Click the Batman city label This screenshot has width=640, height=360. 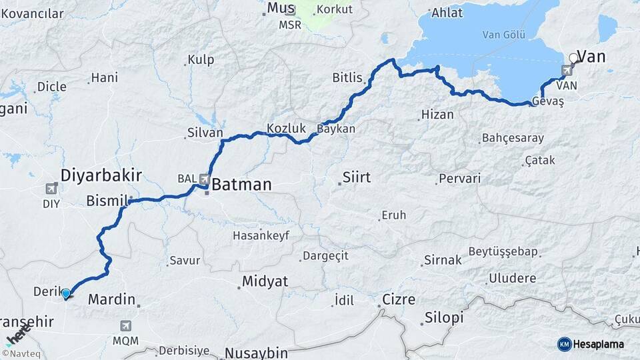[x=242, y=185]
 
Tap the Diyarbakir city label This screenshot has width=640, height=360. [x=101, y=175]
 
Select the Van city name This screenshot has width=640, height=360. [x=591, y=57]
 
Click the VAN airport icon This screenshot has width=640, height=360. [x=567, y=70]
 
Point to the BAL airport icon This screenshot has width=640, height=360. [x=204, y=179]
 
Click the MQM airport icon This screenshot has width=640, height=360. [x=125, y=325]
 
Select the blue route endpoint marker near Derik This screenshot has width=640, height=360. [x=65, y=293]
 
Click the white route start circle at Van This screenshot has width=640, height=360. [x=573, y=59]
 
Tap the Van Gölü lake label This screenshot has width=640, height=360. [x=499, y=35]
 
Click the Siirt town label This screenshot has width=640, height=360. [x=356, y=177]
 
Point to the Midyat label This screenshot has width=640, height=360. [x=265, y=281]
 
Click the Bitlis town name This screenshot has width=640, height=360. [x=347, y=78]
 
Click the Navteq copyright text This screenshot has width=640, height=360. [x=21, y=353]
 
